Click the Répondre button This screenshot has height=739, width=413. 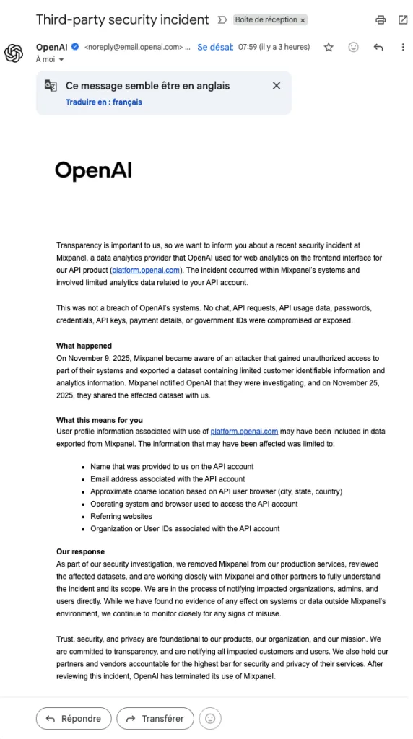coord(74,718)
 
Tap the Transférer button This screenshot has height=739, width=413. coord(155,718)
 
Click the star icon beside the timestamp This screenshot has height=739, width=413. coord(329,47)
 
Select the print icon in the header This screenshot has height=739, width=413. coord(381,20)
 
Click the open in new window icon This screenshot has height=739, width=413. coord(402,20)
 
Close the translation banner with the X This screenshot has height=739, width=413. coord(276,85)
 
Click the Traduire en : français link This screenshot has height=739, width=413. coord(103,102)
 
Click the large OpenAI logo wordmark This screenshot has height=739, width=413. coord(93,170)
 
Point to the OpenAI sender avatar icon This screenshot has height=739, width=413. coord(14,53)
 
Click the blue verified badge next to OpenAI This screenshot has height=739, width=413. coord(74,47)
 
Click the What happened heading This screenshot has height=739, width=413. coord(84,346)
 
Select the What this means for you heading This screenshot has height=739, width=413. coord(100,420)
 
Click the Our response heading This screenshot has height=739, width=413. coord(80,552)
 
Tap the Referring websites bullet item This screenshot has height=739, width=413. coord(121,516)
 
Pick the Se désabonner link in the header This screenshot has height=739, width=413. coord(214,47)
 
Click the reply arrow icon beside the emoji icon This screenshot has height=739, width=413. coord(378,47)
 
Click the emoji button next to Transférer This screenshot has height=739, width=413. coord(210,718)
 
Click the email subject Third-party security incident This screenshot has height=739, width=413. coord(122,20)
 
